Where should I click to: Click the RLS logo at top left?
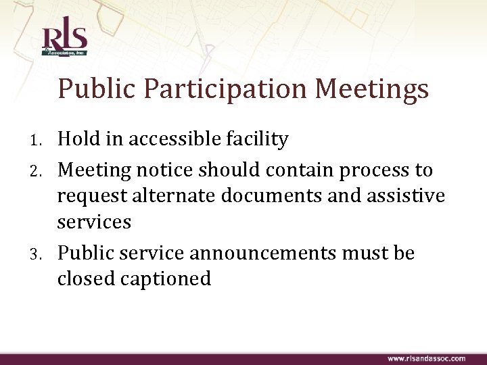point(64,41)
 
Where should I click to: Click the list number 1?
point(39,141)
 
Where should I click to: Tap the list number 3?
point(39,255)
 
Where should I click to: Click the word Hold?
point(79,139)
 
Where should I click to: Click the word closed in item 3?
point(83,278)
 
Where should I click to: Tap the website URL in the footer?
point(425,358)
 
